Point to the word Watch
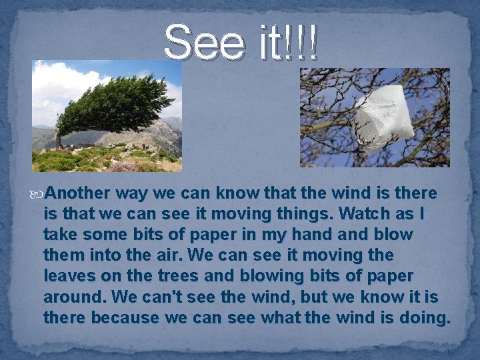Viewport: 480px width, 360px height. pos(363,214)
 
